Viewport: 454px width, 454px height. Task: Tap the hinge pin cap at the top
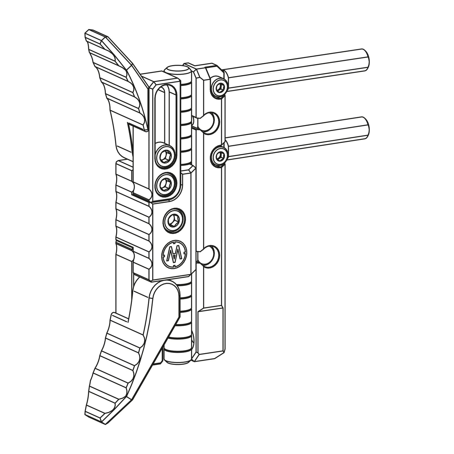[x=176, y=70]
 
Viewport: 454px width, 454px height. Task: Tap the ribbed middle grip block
[x=134, y=220]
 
